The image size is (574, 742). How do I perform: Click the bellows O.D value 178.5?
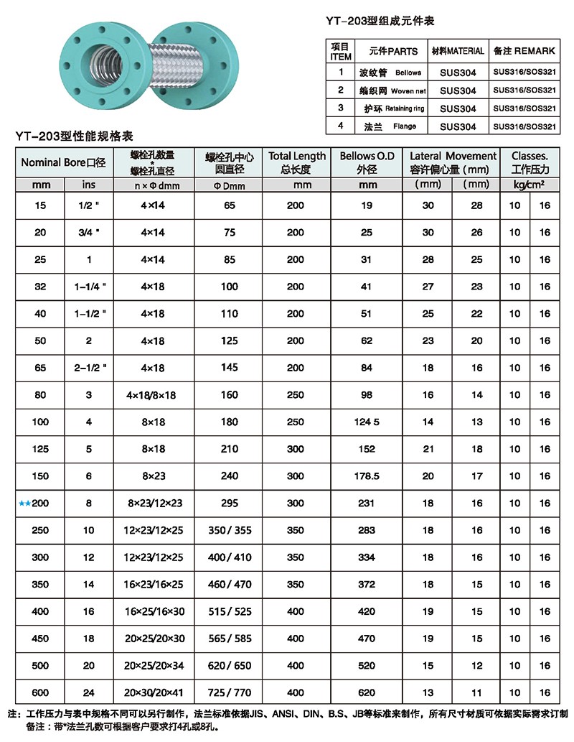point(367,476)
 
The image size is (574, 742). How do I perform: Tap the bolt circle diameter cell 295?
point(230,504)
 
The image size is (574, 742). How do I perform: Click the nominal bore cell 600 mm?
point(41,693)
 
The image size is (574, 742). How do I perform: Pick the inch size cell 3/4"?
point(89,233)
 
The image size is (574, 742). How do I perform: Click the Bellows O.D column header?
point(367,161)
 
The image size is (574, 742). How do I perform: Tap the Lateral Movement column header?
point(453,161)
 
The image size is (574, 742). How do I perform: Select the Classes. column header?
point(530,161)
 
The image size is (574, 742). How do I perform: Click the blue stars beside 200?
point(24,504)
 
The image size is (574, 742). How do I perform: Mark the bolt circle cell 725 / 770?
point(230,693)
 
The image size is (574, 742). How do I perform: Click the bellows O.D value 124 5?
point(367,422)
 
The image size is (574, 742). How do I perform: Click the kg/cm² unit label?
point(530,185)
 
